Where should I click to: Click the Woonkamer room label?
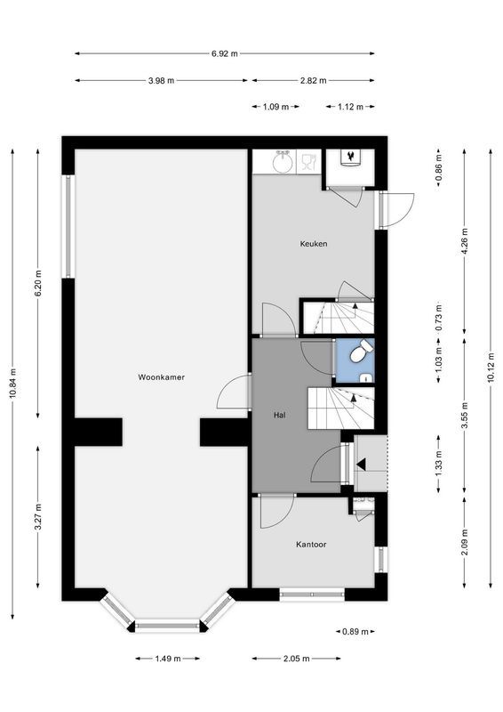pyautogui.click(x=161, y=377)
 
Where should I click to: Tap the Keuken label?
pyautogui.click(x=314, y=243)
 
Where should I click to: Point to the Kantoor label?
pyautogui.click(x=312, y=544)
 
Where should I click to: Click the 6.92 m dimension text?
pyautogui.click(x=225, y=53)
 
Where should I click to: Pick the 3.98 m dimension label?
pyautogui.click(x=162, y=80)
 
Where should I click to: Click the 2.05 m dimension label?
pyautogui.click(x=296, y=659)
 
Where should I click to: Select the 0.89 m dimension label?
pyautogui.click(x=355, y=632)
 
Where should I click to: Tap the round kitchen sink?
pyautogui.click(x=282, y=162)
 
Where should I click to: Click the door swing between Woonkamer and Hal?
pyautogui.click(x=236, y=392)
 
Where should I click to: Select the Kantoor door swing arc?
pyautogui.click(x=276, y=512)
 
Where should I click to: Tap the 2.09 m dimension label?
pyautogui.click(x=465, y=541)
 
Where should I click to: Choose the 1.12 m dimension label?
pyautogui.click(x=351, y=107)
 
